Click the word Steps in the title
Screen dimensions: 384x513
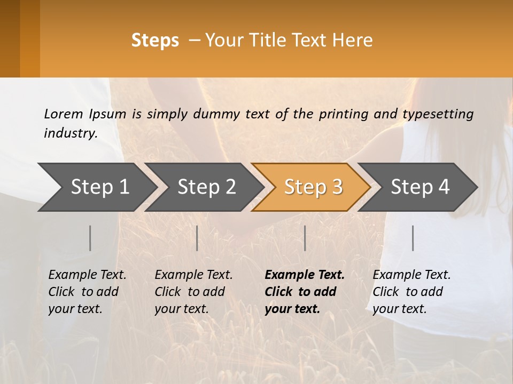[155, 41]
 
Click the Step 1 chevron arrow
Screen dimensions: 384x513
[99, 187]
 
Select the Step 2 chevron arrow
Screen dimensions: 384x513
[206, 187]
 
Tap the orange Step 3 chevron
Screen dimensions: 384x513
[313, 187]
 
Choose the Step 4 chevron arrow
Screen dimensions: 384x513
[420, 187]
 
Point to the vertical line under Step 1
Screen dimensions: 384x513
[90, 238]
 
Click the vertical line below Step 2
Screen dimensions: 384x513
[197, 238]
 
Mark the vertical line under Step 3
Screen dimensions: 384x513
[305, 238]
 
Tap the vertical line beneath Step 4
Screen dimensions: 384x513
[413, 238]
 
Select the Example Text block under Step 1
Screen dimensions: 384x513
[87, 292]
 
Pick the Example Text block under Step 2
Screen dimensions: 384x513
[193, 292]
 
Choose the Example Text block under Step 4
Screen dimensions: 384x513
[411, 292]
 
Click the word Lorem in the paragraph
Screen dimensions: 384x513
[64, 114]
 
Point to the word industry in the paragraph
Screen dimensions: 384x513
[70, 133]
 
